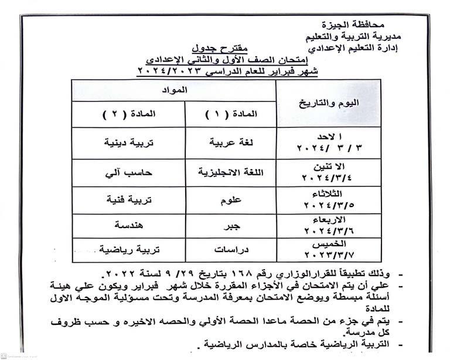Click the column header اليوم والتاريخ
(x=328, y=103)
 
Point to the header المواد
(x=174, y=90)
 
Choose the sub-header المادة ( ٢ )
(x=128, y=114)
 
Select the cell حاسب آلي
(x=128, y=172)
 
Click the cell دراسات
(x=230, y=249)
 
